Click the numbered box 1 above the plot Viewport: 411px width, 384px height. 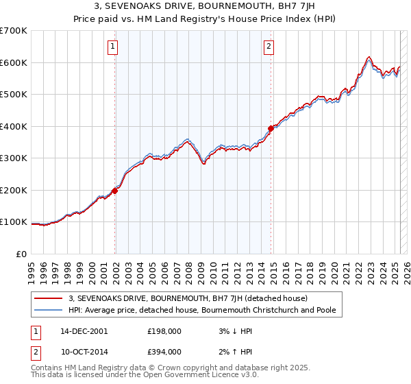[x=112, y=47]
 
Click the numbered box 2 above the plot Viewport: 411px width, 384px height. [x=269, y=47]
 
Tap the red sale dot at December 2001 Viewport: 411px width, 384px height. [x=115, y=191]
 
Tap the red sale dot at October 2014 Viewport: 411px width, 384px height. [x=271, y=128]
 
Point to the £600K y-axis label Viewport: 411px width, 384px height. [x=14, y=62]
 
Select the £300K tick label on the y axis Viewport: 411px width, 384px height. [x=14, y=158]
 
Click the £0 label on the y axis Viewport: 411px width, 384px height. [x=22, y=254]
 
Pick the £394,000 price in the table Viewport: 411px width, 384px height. [x=164, y=351]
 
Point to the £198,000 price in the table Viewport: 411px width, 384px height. [x=164, y=331]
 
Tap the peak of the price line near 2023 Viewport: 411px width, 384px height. [x=369, y=57]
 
